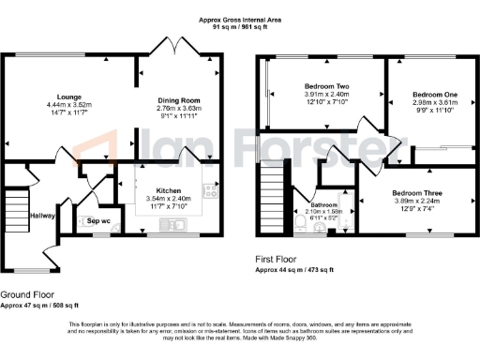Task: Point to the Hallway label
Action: pos(42,215)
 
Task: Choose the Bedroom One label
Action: pos(428,95)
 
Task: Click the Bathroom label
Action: pos(325,204)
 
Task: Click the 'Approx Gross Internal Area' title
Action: pos(240,20)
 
